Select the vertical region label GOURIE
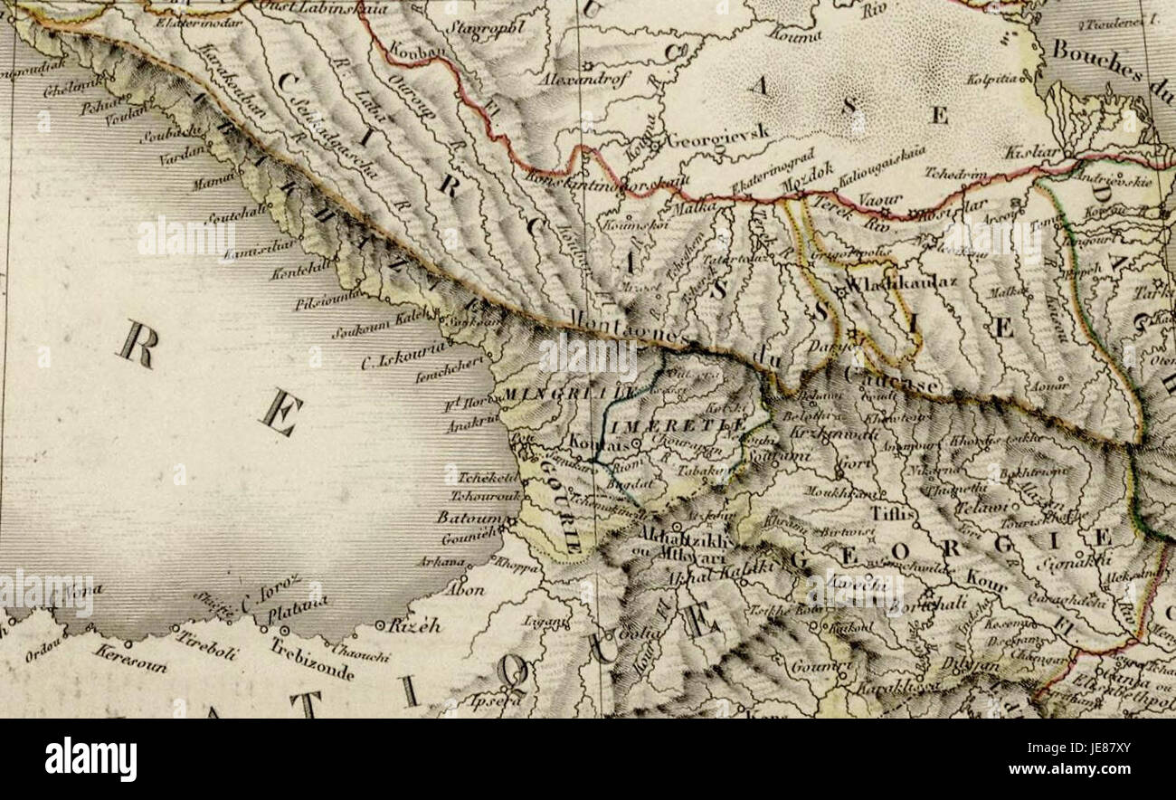coord(561,507)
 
